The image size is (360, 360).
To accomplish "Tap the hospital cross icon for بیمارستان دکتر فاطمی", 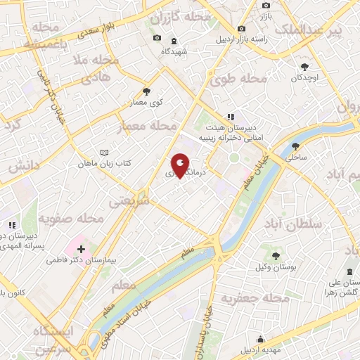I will click(82, 249).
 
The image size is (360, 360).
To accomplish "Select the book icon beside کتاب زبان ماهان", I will click(105, 153).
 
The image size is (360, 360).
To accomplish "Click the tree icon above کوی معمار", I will click(146, 91).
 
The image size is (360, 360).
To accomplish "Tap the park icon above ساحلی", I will click(296, 147).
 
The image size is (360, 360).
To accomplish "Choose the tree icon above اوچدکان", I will click(304, 66).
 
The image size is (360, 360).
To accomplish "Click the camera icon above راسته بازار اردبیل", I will click(242, 29).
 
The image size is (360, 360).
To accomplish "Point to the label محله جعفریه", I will click(256, 300).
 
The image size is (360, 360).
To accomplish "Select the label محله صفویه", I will click(71, 219).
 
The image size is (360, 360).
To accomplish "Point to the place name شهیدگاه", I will click(175, 52).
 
